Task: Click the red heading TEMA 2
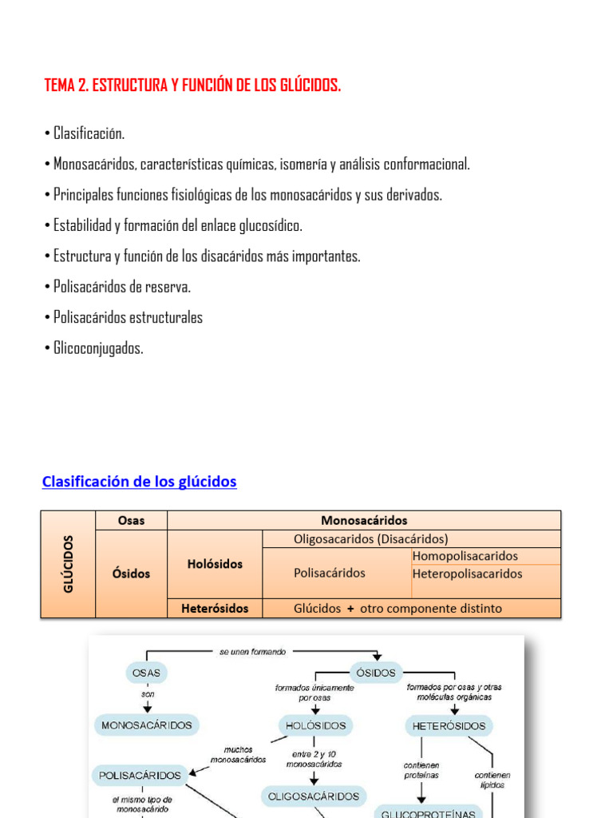tap(192, 85)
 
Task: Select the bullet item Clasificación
tap(89, 133)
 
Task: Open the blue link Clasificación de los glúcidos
tap(139, 482)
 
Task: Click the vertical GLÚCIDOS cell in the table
tap(68, 564)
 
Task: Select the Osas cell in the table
tap(131, 520)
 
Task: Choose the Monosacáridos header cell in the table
tap(364, 520)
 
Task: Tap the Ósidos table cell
tap(131, 573)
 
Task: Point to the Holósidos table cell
tap(215, 564)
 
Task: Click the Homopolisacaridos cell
tap(465, 556)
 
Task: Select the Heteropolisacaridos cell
tap(468, 574)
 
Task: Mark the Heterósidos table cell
tap(215, 608)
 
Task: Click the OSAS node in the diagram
tap(147, 673)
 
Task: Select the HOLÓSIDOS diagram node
tap(314, 725)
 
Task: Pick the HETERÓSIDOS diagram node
tap(449, 725)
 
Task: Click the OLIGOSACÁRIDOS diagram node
tap(314, 796)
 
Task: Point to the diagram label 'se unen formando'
tap(252, 652)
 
